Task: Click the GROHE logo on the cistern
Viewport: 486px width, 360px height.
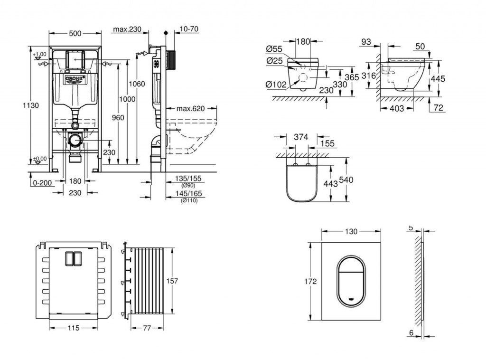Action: point(75,78)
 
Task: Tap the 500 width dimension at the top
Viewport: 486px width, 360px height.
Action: point(75,33)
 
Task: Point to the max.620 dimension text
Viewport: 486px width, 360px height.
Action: point(190,109)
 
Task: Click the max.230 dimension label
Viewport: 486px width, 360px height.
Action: point(127,29)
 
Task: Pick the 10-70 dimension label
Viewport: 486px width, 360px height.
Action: point(189,29)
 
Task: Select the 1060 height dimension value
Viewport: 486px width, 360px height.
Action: point(137,84)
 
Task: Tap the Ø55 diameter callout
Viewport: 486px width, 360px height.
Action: point(274,49)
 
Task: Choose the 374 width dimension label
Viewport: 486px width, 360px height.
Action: point(300,137)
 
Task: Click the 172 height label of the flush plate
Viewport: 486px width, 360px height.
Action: point(310,281)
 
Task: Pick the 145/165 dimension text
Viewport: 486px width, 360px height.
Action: point(189,194)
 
